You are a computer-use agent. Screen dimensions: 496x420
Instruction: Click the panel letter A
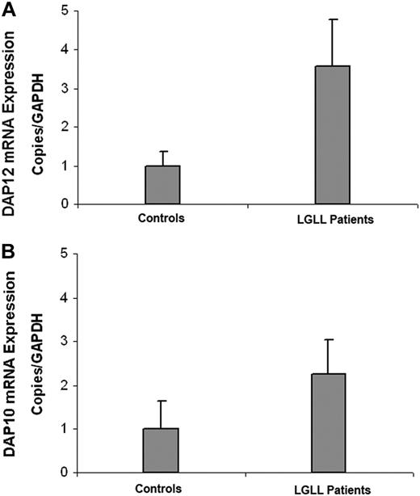tap(10, 12)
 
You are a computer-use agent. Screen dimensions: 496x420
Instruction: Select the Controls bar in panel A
tap(162, 185)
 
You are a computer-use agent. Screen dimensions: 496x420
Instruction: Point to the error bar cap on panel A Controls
tap(162, 151)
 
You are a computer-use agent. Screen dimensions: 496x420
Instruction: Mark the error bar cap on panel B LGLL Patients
tap(331, 340)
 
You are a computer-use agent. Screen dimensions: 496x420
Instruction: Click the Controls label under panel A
tap(162, 220)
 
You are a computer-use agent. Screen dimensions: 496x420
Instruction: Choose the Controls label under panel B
tap(162, 488)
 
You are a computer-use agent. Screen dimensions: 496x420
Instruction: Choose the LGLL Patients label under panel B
tap(331, 488)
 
